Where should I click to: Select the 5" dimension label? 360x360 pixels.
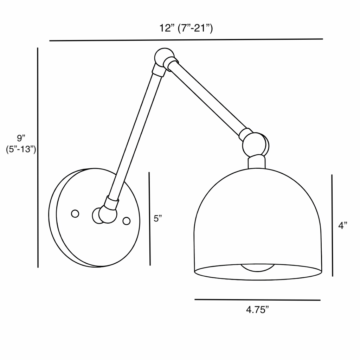click(x=158, y=218)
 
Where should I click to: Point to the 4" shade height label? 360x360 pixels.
click(x=343, y=226)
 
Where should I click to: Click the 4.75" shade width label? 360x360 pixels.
click(x=257, y=310)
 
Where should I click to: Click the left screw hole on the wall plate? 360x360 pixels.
click(x=75, y=213)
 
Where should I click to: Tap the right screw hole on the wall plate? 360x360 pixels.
click(x=126, y=221)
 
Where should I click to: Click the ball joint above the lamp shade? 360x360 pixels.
click(x=256, y=143)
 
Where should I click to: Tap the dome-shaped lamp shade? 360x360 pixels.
click(x=258, y=218)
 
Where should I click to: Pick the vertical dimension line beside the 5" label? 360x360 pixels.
click(x=149, y=218)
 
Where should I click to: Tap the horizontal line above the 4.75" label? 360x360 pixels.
click(x=257, y=300)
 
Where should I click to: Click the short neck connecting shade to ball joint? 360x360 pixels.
click(x=257, y=161)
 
